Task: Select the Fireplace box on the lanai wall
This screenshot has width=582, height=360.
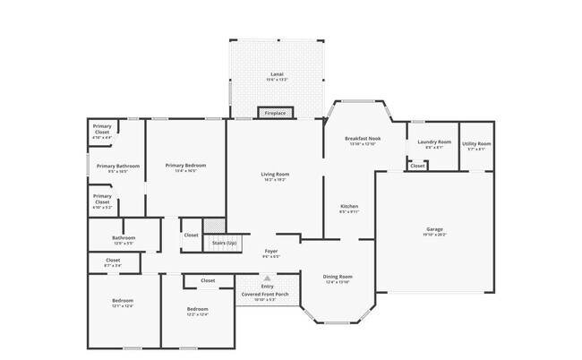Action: (275, 113)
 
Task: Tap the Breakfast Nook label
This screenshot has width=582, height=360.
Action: (364, 139)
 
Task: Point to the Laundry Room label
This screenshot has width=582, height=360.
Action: (432, 141)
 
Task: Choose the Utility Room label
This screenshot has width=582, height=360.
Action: (475, 143)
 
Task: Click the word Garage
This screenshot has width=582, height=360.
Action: (434, 229)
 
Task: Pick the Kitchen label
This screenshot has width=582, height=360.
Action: (348, 206)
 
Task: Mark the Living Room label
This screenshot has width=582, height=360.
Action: (275, 174)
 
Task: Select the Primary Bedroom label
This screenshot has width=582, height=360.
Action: (185, 165)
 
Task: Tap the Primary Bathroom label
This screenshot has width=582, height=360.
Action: (118, 166)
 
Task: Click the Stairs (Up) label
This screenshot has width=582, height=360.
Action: (223, 243)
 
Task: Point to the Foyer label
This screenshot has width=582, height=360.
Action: (271, 251)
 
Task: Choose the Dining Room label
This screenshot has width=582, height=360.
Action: (338, 277)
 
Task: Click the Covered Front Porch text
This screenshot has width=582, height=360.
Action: (269, 294)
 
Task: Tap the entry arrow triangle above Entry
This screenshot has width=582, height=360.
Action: (267, 279)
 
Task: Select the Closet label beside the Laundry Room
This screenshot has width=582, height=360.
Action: (417, 166)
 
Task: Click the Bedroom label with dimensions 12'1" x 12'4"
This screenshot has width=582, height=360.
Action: (122, 300)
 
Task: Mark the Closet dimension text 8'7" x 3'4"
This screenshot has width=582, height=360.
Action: (113, 266)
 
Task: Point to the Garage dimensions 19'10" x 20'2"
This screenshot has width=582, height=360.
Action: (434, 236)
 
